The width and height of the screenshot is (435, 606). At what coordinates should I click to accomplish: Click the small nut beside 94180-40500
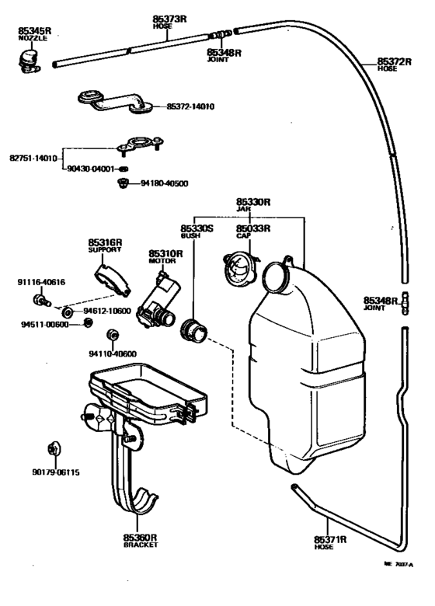(x=122, y=184)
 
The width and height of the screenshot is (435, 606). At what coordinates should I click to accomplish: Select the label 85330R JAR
(x=253, y=204)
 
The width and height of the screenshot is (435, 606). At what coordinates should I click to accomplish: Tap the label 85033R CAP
(x=253, y=232)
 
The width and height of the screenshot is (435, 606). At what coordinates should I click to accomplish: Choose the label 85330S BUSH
(x=197, y=232)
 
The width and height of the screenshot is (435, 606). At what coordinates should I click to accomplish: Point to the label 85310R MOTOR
(x=165, y=257)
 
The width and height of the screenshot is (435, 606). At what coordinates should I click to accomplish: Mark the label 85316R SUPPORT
(x=105, y=246)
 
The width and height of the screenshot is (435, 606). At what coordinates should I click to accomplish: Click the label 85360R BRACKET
(x=141, y=541)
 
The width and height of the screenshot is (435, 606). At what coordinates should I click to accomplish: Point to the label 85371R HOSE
(x=330, y=542)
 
